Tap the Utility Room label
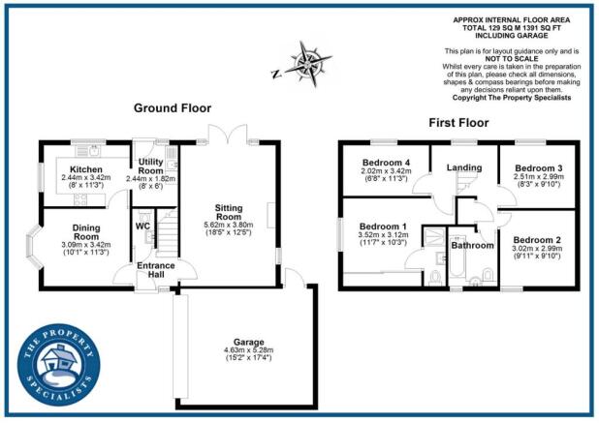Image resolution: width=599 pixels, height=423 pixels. coord(150,166)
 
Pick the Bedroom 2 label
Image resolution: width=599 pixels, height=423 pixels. coord(534,240)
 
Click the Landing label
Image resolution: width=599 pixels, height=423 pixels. coord(464,167)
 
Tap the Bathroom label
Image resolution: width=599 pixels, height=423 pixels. coord(472,245)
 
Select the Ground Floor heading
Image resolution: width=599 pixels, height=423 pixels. coord(173,107)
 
